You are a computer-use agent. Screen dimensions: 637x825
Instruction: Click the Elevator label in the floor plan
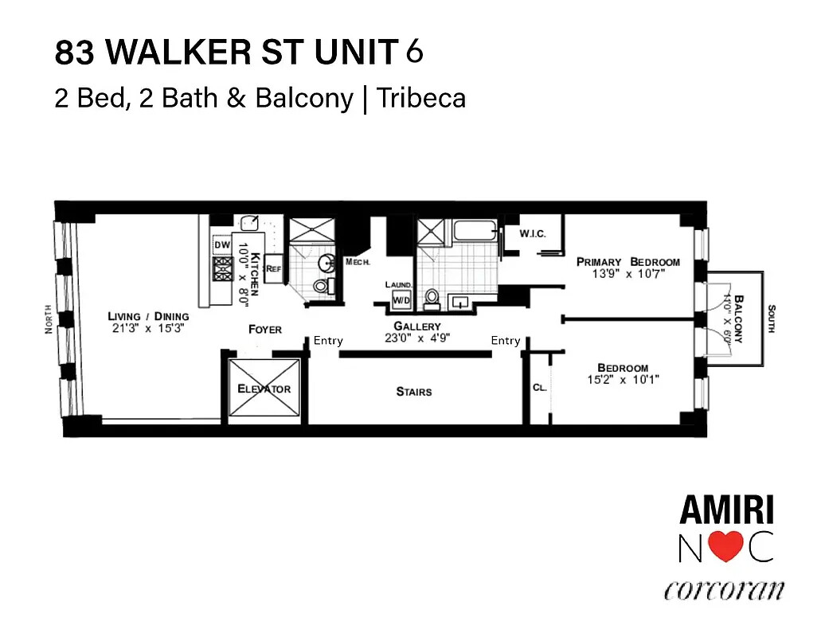click(x=264, y=389)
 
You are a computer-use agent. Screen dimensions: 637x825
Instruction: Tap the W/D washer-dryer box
click(x=400, y=300)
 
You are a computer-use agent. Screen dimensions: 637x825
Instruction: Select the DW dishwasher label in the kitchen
click(x=221, y=245)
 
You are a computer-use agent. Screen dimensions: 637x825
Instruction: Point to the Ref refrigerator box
click(x=274, y=269)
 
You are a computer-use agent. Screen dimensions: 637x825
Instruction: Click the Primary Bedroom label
click(x=628, y=262)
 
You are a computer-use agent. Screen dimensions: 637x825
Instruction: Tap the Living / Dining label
click(x=148, y=316)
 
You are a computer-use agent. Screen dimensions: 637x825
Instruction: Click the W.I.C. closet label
click(x=531, y=234)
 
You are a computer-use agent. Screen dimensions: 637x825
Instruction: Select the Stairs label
click(x=414, y=391)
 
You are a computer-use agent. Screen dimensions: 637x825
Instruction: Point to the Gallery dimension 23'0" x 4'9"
click(x=417, y=338)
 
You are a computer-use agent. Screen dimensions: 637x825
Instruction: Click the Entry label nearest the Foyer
click(x=328, y=341)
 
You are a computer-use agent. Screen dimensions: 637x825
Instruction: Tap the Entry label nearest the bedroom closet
click(x=506, y=341)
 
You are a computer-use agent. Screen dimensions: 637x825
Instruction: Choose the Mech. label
click(x=355, y=262)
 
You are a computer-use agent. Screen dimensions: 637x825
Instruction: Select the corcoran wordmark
click(x=724, y=591)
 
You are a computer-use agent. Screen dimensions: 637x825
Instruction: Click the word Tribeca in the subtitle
click(x=421, y=98)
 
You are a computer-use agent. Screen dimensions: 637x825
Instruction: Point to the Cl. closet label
click(x=539, y=388)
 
